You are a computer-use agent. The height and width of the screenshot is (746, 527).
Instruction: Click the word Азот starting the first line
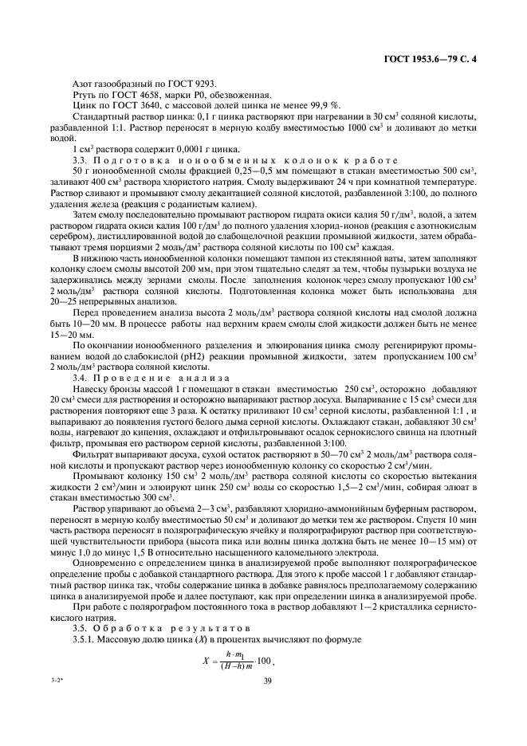[84, 84]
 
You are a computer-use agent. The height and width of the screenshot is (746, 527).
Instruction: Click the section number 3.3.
[80, 159]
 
